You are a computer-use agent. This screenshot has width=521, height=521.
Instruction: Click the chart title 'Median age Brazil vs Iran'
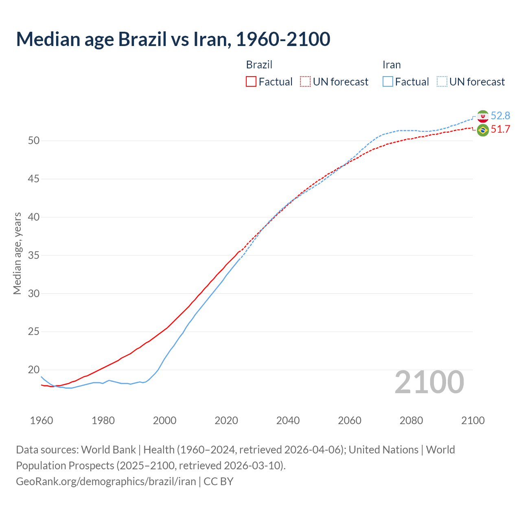pos(173,39)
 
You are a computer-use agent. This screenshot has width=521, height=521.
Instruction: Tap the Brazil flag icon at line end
pos(483,130)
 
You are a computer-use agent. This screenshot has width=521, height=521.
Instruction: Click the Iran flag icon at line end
pos(483,116)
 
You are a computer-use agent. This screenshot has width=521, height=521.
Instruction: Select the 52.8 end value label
pos(500,116)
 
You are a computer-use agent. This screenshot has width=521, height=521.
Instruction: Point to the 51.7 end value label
pos(500,129)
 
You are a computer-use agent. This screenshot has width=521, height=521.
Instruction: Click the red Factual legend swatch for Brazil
pos(251,81)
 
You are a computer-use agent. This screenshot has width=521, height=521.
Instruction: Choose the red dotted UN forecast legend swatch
pos(305,81)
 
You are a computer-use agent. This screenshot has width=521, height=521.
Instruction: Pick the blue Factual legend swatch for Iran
pos(388,81)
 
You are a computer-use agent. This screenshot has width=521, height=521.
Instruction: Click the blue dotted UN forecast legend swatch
pos(442,81)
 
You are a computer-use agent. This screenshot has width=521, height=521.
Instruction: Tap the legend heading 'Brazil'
pos(259,65)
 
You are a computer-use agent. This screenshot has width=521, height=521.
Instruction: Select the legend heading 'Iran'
pos(392,65)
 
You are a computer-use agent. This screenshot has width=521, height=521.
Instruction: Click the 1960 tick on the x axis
pos(42,420)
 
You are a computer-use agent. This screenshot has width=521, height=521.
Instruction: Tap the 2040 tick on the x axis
pos(288,420)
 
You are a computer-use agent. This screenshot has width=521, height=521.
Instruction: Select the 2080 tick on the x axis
pos(411,420)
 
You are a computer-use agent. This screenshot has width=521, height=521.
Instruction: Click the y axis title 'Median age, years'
pos(17,253)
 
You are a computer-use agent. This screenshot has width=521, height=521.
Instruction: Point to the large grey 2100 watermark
pos(429,382)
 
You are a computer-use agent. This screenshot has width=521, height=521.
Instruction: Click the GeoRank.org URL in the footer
pos(106,482)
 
